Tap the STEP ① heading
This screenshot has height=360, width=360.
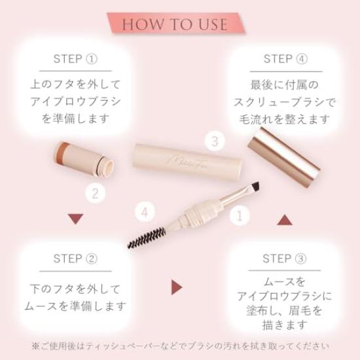coord(75,59)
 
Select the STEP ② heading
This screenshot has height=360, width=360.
coord(75,258)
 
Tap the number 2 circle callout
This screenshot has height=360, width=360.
coord(95,193)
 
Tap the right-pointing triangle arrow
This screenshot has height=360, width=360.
coord(176,287)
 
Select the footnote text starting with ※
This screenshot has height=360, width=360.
coord(180,346)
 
